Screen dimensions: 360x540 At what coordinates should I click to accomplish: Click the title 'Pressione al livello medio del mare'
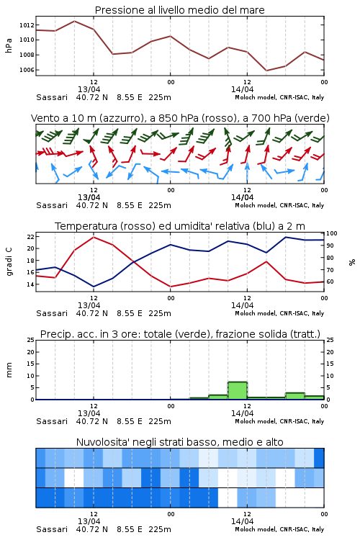[179, 10]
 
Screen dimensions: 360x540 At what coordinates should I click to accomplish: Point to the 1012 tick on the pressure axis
[27, 24]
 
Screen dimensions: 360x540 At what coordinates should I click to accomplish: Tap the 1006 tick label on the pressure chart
[27, 70]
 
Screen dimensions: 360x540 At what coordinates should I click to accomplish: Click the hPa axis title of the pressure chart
[9, 45]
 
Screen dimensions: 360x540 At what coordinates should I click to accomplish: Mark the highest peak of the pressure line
[74, 21]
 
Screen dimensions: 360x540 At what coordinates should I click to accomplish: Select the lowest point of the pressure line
[266, 71]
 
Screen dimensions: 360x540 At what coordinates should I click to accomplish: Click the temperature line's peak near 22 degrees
[94, 237]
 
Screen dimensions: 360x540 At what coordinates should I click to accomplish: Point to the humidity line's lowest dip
[94, 287]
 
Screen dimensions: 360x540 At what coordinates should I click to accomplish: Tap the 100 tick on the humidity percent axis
[331, 233]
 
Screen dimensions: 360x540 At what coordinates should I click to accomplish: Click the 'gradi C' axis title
[9, 261]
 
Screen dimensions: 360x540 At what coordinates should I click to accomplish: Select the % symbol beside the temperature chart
[352, 262]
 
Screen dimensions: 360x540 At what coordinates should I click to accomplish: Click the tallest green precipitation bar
[238, 390]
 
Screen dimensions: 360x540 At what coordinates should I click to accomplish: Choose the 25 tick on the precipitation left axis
[31, 340]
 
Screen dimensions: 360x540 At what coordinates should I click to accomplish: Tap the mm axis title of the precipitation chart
[9, 370]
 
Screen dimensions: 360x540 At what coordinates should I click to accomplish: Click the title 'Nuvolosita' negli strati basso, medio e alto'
[179, 442]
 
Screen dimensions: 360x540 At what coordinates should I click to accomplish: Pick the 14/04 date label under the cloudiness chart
[242, 521]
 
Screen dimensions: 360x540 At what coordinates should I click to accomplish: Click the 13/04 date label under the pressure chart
[89, 89]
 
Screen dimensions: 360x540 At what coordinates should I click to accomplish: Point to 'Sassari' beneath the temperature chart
[52, 313]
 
